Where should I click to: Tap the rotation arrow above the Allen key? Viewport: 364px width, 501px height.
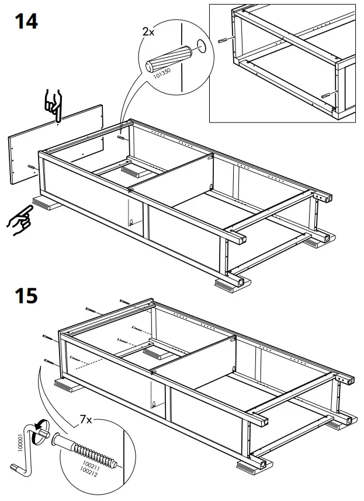(x=39, y=430)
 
